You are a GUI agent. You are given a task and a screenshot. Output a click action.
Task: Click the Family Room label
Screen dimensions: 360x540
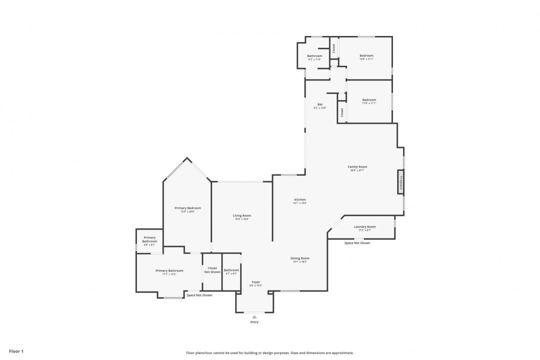coord(357,167)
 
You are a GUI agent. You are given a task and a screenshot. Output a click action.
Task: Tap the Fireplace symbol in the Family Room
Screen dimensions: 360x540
coord(400,182)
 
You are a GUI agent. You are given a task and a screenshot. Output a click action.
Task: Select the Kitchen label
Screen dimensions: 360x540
coord(300,199)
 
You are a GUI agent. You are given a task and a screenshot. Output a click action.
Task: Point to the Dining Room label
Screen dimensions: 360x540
coord(300,258)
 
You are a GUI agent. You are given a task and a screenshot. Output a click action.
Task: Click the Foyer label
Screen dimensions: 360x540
coord(255,282)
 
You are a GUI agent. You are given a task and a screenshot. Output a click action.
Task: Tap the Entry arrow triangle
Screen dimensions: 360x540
coord(254,316)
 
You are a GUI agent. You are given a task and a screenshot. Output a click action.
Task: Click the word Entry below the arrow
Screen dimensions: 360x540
coord(254,322)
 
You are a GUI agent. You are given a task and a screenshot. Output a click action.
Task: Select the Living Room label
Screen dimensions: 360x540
coord(242,215)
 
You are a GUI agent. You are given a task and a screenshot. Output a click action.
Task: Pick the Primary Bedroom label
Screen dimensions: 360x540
coord(187,208)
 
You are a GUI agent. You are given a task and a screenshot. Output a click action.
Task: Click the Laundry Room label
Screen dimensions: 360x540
coord(364,227)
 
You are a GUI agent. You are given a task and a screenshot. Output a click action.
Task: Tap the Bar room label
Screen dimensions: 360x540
coord(320,104)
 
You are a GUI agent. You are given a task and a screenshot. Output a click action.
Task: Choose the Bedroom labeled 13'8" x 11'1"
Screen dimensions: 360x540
coord(366,55)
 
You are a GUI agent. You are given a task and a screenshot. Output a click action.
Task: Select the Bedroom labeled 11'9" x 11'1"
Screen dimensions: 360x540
coord(369,100)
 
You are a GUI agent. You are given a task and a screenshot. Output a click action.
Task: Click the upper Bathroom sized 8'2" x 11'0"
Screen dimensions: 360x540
coord(314,56)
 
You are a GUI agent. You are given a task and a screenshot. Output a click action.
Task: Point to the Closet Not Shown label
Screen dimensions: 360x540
coord(212,270)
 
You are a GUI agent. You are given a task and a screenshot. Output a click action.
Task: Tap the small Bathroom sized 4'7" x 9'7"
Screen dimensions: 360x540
coord(231,270)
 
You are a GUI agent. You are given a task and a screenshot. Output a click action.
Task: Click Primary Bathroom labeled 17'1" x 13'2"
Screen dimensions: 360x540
coord(169,270)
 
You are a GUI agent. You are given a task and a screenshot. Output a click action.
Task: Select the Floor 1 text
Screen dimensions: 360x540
coord(16,351)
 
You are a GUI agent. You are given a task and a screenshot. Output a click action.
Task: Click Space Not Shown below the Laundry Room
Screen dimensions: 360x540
coord(357,243)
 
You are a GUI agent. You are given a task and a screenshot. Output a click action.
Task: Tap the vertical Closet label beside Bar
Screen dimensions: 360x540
coord(342,112)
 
